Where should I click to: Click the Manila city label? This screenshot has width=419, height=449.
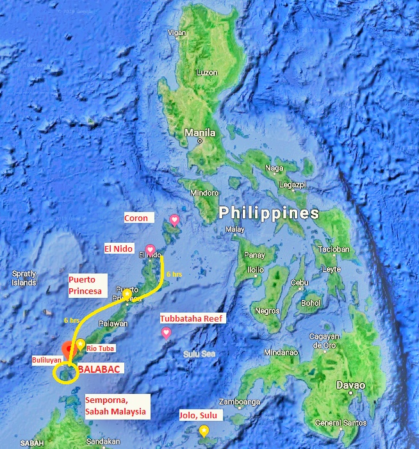200,133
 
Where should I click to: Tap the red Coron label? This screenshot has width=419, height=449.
136,218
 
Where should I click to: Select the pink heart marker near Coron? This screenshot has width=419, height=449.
174,220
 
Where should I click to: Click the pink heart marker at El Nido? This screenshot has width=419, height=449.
150,249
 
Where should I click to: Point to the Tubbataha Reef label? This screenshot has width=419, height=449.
193,318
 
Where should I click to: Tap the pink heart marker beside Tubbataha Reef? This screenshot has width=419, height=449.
166,332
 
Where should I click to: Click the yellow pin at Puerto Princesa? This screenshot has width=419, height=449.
127,295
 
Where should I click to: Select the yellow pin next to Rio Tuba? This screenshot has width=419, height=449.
81,345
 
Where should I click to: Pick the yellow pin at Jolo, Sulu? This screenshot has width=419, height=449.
204,430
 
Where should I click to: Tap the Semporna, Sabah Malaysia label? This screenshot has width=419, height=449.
115,406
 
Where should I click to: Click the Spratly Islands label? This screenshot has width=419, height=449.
24,278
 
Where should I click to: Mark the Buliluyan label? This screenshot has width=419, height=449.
47,361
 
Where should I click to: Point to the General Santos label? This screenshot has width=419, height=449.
341,423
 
